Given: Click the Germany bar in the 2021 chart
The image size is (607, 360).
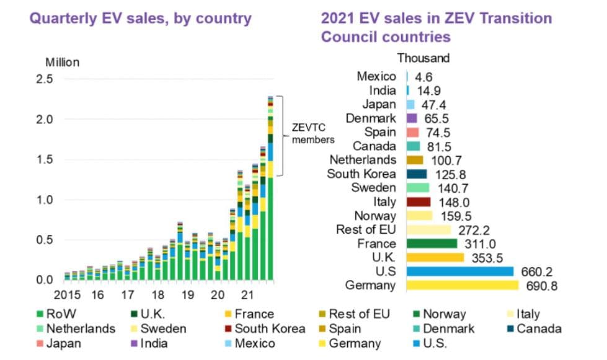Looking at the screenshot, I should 462,285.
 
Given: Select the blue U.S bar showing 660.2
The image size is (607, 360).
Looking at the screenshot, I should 459,271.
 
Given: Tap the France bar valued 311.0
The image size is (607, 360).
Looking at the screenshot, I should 432,244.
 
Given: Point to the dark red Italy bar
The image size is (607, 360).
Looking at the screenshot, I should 418,202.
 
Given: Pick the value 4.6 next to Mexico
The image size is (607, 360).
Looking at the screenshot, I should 423,77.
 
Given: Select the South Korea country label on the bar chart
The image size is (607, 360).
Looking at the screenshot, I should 361,173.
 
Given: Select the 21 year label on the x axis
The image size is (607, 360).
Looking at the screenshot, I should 247,295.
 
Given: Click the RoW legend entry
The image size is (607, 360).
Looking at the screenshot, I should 63,314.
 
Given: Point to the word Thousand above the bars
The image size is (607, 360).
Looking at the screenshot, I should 423,58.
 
